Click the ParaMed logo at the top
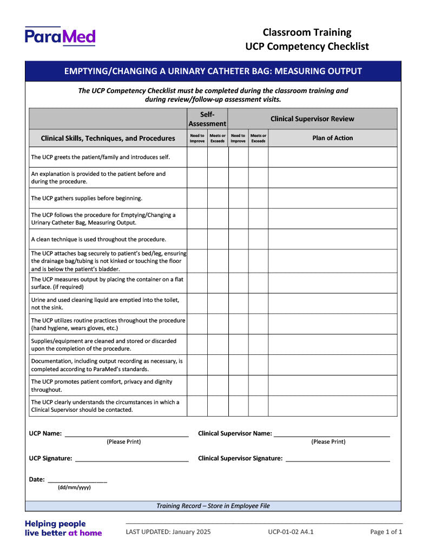[x=60, y=36]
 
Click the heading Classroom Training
[x=307, y=32]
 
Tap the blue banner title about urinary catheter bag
[x=213, y=71]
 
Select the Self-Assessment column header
[x=207, y=118]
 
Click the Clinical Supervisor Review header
[x=312, y=118]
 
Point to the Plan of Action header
[x=332, y=138]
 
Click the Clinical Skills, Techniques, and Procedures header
[x=108, y=138]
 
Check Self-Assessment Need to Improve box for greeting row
[x=197, y=157]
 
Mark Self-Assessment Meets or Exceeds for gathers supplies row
[x=218, y=198]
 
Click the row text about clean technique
[x=98, y=239]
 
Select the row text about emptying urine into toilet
[x=105, y=304]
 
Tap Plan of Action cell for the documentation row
[x=332, y=365]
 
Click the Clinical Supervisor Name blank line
[x=331, y=433]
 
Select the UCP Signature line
[x=131, y=458]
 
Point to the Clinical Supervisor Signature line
[x=338, y=458]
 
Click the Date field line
[x=77, y=479]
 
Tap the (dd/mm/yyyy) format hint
[x=74, y=487]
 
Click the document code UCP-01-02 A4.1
[x=291, y=532]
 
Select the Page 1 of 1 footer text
[x=386, y=532]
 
